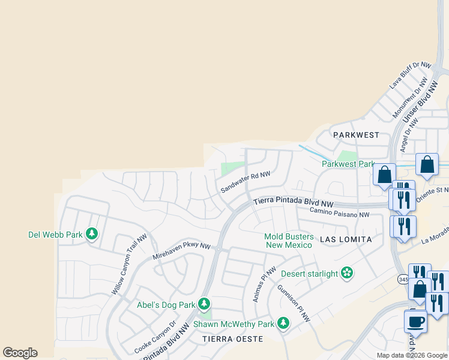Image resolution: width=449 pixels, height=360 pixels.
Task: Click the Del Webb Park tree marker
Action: (x=92, y=233)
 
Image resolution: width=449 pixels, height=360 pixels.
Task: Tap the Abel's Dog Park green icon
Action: (x=205, y=304)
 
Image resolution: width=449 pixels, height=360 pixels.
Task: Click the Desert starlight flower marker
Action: (x=346, y=274)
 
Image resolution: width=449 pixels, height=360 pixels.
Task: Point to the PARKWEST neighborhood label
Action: (x=357, y=135)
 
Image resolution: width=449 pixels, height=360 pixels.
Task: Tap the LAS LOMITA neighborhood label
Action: (x=346, y=239)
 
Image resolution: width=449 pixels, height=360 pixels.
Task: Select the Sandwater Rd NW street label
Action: (x=246, y=181)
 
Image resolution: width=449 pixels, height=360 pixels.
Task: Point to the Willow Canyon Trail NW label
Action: (x=130, y=264)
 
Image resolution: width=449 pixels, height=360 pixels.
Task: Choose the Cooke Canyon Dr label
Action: (x=155, y=337)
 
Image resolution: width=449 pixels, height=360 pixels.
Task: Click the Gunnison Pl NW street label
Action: (x=294, y=303)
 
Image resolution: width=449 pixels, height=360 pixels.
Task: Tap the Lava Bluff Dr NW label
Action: (x=411, y=75)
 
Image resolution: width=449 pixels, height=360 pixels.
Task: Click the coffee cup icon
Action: (x=415, y=321)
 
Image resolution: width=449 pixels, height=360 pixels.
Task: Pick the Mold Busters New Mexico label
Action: (x=289, y=241)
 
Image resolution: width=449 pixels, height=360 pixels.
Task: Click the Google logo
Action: (x=20, y=353)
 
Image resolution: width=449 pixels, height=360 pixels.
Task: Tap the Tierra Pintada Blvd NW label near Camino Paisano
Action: (x=293, y=203)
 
